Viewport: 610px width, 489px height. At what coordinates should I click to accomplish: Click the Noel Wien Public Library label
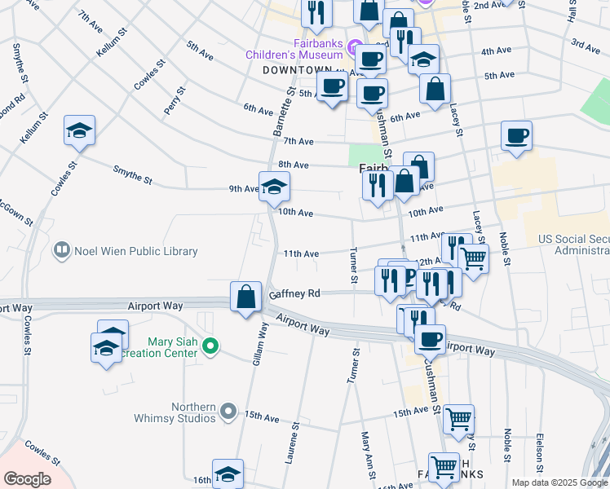point(136,251)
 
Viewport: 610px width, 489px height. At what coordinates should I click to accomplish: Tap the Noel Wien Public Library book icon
point(61,251)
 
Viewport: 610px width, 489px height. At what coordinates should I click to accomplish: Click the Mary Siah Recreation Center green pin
point(210,347)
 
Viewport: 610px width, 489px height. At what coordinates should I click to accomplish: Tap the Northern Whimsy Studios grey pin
point(228,412)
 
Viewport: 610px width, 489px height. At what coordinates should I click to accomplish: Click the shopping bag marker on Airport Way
point(245,298)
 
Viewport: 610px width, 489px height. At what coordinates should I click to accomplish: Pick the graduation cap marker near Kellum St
point(80,130)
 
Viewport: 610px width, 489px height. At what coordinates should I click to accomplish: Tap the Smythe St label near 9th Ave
point(133,173)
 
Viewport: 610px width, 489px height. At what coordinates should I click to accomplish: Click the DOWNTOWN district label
point(298,70)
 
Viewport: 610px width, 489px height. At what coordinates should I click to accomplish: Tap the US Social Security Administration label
point(572,244)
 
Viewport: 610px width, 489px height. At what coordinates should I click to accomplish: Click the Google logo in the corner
point(27,478)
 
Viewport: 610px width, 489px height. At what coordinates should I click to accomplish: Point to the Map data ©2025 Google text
point(559,482)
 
